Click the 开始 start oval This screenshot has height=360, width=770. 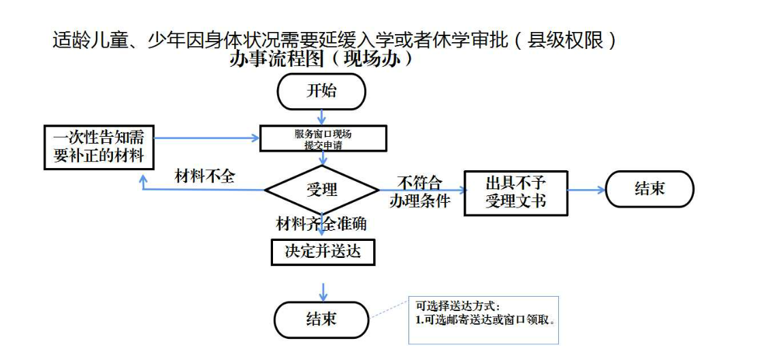point(321,92)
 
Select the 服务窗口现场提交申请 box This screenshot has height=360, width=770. point(323,139)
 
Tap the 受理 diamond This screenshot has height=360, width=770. point(321,189)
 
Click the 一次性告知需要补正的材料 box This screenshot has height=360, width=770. point(99,146)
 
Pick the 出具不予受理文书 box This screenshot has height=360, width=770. point(515,193)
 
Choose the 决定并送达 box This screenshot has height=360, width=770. point(323,252)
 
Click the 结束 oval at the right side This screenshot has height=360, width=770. point(649,189)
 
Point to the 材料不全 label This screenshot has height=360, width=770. point(205,176)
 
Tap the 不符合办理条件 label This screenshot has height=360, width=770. point(419,192)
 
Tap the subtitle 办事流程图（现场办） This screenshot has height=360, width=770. point(321,59)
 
